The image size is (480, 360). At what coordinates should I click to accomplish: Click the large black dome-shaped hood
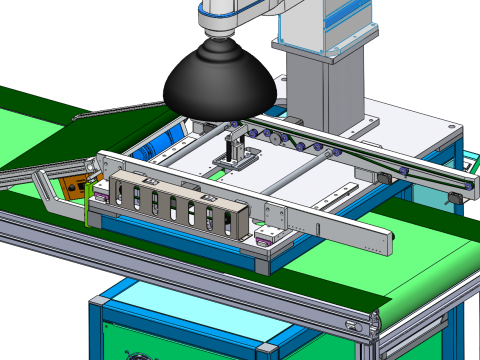click(218, 81)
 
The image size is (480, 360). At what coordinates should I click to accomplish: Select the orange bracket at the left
click(72, 189)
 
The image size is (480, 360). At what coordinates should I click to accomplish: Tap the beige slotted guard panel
click(175, 205)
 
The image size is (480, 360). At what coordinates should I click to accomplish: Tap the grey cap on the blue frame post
click(267, 349)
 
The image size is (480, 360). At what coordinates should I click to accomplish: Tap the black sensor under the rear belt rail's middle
click(382, 177)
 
